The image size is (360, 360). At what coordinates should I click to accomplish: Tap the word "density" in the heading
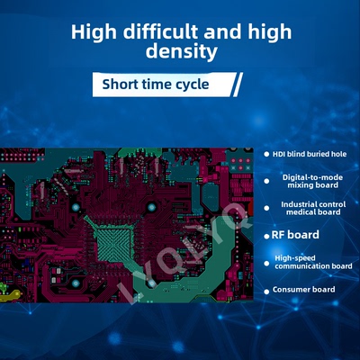click(x=181, y=52)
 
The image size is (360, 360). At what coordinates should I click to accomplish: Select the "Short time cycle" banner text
click(x=155, y=85)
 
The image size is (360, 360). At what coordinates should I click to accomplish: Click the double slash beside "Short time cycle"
click(x=236, y=85)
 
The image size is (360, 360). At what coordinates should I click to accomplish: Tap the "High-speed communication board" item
click(x=312, y=262)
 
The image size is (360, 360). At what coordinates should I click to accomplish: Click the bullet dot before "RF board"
click(x=266, y=235)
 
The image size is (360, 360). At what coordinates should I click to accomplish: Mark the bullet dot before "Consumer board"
click(x=266, y=290)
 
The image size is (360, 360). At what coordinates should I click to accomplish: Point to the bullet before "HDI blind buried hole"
click(x=266, y=154)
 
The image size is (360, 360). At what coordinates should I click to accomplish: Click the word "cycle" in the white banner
click(x=193, y=85)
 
